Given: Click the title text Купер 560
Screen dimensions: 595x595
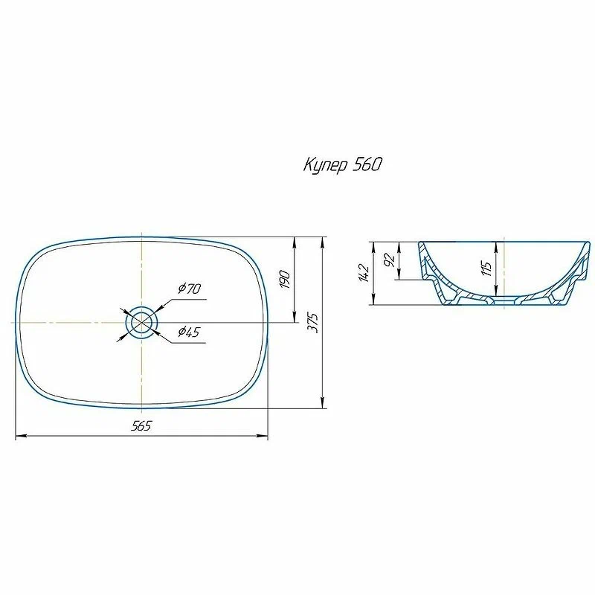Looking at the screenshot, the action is [x=343, y=165].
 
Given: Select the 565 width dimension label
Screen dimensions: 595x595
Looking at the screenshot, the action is [x=141, y=425].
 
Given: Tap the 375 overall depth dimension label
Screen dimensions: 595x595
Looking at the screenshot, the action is [x=315, y=323].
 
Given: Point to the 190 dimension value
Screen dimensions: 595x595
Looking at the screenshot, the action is [x=286, y=280].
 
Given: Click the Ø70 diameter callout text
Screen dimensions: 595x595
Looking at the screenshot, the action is [x=190, y=289].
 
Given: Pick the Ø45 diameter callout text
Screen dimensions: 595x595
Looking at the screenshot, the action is [x=189, y=332].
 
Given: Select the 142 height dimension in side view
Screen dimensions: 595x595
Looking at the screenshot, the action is [x=364, y=272].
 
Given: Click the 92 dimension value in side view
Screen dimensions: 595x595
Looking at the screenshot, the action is [x=390, y=260].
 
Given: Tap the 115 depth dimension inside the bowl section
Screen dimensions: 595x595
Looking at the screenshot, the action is [x=487, y=268].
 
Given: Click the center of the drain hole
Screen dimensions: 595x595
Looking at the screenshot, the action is [x=141, y=322].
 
